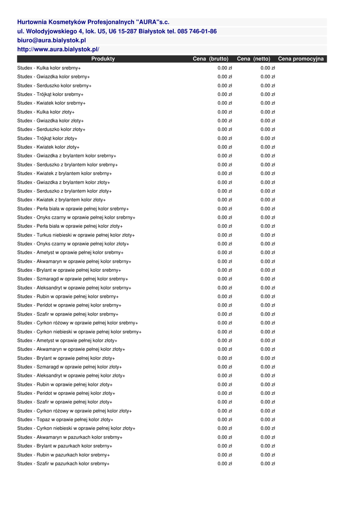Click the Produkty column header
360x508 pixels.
click(x=103, y=59)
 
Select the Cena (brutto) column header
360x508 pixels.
click(x=211, y=59)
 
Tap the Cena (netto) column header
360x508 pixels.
click(x=254, y=59)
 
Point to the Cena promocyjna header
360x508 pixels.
click(x=301, y=59)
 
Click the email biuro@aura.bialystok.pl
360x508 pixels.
click(x=52, y=40)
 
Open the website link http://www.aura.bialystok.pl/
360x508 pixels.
click(x=58, y=50)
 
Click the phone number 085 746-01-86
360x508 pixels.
click(x=197, y=31)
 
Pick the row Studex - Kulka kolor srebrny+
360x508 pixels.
click(x=49, y=68)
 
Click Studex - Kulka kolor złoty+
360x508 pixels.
click(x=46, y=112)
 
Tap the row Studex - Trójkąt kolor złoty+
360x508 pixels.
click(x=47, y=138)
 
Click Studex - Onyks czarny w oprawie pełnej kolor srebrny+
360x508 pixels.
click(x=76, y=218)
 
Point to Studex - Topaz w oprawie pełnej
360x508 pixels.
click(x=65, y=420)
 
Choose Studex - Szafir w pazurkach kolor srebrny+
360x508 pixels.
click(x=64, y=464)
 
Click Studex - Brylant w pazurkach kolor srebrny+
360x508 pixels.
click(x=65, y=446)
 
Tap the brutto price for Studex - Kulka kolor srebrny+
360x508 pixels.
click(x=225, y=68)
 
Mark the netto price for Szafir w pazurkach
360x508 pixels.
click(x=268, y=464)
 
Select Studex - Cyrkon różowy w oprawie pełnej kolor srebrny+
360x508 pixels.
click(x=77, y=323)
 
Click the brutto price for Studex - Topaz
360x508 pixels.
click(x=225, y=420)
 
